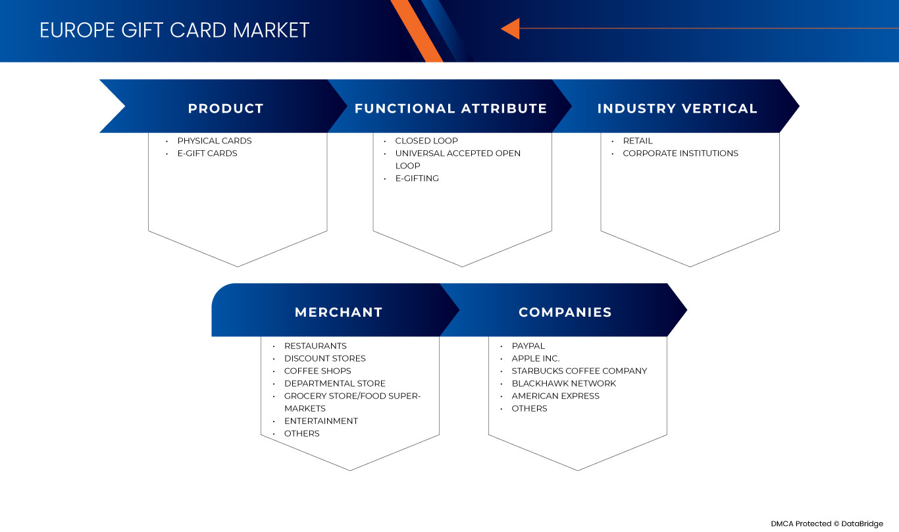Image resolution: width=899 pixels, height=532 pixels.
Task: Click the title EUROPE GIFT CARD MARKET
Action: point(174,30)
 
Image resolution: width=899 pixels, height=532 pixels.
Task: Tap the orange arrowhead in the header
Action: point(511,28)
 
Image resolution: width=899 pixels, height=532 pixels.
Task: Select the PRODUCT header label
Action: point(226,109)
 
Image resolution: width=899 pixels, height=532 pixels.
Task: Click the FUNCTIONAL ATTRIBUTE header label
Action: point(451,109)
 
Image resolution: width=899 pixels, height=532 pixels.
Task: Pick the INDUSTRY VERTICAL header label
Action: point(677,109)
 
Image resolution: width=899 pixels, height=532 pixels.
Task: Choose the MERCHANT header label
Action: point(338,312)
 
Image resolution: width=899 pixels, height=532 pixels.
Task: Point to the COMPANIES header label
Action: point(565,312)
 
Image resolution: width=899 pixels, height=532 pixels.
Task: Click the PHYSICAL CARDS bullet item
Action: point(215,140)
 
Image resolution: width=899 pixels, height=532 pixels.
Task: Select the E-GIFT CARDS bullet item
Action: point(207,153)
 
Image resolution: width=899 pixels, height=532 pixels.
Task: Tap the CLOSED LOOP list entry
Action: point(426,140)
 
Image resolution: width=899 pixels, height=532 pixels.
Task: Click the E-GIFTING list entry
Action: point(417,178)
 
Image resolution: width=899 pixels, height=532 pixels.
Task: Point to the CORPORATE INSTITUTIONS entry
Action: point(681,153)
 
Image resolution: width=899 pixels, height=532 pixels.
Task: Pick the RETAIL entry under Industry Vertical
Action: point(638,140)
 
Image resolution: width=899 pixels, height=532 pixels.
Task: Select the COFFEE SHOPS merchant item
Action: point(317,371)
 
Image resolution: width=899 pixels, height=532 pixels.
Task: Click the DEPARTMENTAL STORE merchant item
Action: point(335,383)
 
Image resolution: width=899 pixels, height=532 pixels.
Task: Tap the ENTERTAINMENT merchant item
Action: point(321,421)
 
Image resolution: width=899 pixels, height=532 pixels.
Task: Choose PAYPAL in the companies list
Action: point(528,346)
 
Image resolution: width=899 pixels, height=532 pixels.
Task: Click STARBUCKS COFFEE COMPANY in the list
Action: point(579,371)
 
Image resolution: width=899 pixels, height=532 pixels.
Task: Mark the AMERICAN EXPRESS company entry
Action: point(555,396)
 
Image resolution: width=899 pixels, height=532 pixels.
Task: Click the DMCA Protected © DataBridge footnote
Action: point(827,523)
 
